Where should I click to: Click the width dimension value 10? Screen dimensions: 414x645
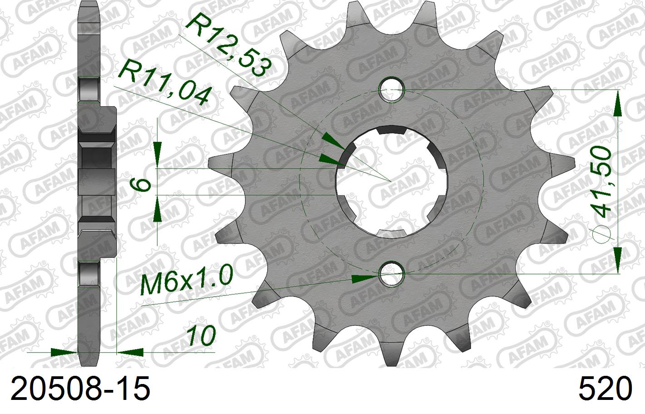point(200,337)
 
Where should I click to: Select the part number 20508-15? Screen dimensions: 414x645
point(80,389)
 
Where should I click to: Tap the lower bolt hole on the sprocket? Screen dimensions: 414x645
point(392,274)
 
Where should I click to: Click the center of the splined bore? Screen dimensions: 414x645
point(392,180)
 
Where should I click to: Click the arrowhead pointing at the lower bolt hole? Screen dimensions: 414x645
point(366,278)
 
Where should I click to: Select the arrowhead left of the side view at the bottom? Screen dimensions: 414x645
point(64,352)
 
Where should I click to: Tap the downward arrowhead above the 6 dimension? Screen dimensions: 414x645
point(157,155)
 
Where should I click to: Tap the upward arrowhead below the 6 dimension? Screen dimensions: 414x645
point(157,209)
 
